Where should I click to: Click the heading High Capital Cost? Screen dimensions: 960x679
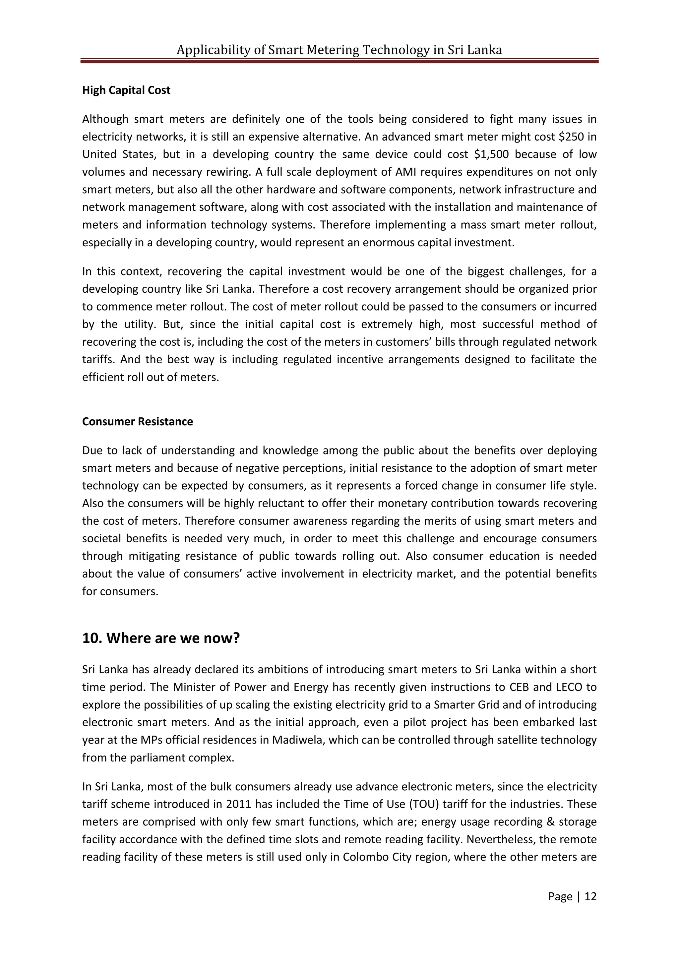(126, 90)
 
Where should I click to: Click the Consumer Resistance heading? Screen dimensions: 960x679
(137, 421)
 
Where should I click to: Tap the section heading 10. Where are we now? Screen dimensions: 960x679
(161, 638)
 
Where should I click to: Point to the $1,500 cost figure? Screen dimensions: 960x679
(492, 154)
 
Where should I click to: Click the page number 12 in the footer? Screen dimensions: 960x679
(590, 896)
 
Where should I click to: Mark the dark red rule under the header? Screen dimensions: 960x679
(339, 61)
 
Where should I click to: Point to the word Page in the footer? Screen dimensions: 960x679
(560, 896)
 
